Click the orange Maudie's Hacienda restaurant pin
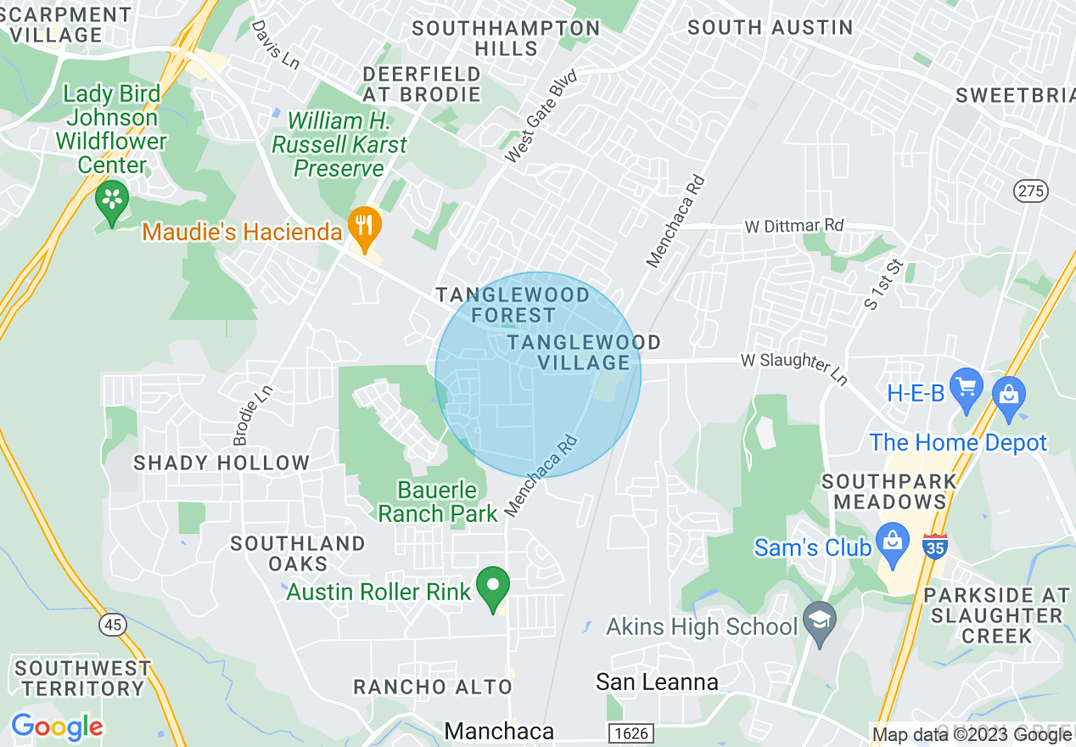pos(365,227)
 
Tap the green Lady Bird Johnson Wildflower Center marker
pos(111,200)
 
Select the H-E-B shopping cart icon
pos(966,389)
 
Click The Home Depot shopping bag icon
pos(1009,396)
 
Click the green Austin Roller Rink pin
pos(493,587)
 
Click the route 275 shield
pos(1031,191)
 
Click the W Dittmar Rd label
pos(794,226)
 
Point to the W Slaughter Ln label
pos(794,367)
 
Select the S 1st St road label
pos(883,284)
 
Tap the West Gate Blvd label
pos(541,117)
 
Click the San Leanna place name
pos(657,682)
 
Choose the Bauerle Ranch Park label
pos(438,502)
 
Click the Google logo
pos(57,727)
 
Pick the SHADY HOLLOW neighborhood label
pos(221,463)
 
